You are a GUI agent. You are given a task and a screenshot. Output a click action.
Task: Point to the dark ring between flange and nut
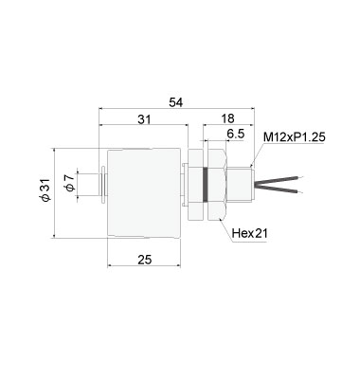(x=203, y=180)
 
